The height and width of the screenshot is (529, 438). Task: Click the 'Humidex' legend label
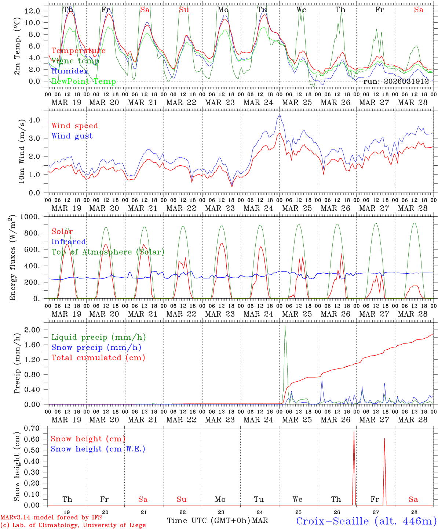click(70, 71)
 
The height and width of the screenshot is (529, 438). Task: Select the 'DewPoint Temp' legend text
click(84, 81)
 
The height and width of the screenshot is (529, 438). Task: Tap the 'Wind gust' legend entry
click(72, 136)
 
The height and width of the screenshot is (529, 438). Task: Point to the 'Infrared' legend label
click(69, 242)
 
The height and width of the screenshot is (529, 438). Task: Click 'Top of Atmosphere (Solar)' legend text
click(108, 252)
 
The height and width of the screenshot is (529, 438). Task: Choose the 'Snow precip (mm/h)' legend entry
click(96, 348)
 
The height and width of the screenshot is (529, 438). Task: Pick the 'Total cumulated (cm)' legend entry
click(98, 358)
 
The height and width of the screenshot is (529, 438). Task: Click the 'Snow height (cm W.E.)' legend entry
click(98, 449)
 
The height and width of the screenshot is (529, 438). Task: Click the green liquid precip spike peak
click(285, 326)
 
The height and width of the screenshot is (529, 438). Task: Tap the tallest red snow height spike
click(354, 432)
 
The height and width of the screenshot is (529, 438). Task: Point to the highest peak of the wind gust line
click(280, 116)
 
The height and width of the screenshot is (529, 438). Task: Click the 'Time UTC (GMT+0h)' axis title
click(208, 521)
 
